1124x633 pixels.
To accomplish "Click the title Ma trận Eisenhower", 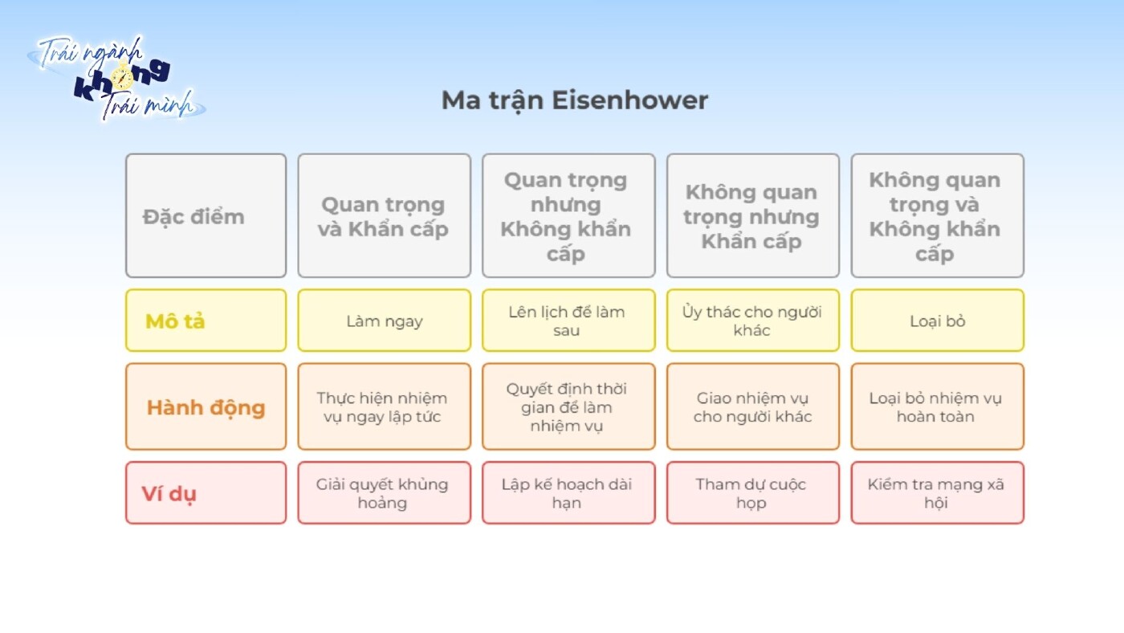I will [x=574, y=101].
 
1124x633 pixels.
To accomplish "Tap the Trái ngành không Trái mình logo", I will [x=119, y=78].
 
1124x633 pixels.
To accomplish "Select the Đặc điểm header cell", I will [x=206, y=216].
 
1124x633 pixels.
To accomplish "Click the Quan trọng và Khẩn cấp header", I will [x=384, y=216].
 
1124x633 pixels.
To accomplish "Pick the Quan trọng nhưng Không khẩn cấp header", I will [x=568, y=216].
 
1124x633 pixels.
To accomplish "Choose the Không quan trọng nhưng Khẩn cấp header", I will [x=752, y=216].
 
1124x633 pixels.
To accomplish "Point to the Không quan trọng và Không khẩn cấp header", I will [x=937, y=216].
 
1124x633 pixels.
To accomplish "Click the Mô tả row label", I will [x=206, y=321].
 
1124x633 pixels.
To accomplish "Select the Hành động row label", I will [x=206, y=406].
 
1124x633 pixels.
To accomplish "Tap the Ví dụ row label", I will [x=206, y=492].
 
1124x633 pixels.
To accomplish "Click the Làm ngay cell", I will [x=384, y=321].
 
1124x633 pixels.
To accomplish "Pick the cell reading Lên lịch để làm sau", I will [x=568, y=321].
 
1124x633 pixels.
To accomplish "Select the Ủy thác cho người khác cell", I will [x=752, y=321].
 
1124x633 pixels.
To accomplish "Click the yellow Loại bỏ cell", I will [x=937, y=321].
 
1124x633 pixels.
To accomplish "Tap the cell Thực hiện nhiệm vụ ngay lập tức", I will [x=384, y=406].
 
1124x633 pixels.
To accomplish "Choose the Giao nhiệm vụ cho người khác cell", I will [x=752, y=406].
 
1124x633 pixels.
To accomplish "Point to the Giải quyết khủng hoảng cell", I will [x=384, y=492].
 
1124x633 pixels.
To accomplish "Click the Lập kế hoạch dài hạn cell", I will [x=568, y=492].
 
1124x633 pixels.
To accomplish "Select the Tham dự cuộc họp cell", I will [x=752, y=492].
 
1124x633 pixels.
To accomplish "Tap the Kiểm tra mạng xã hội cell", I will [x=937, y=492].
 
